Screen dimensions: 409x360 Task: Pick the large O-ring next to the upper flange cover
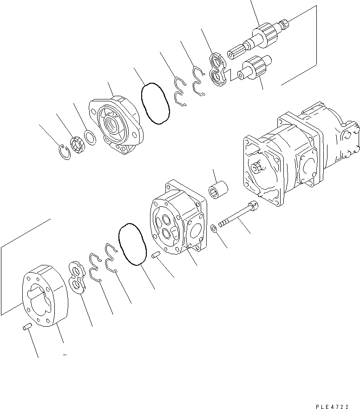point(155,103)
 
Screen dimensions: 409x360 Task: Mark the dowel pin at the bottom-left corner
point(27,328)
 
